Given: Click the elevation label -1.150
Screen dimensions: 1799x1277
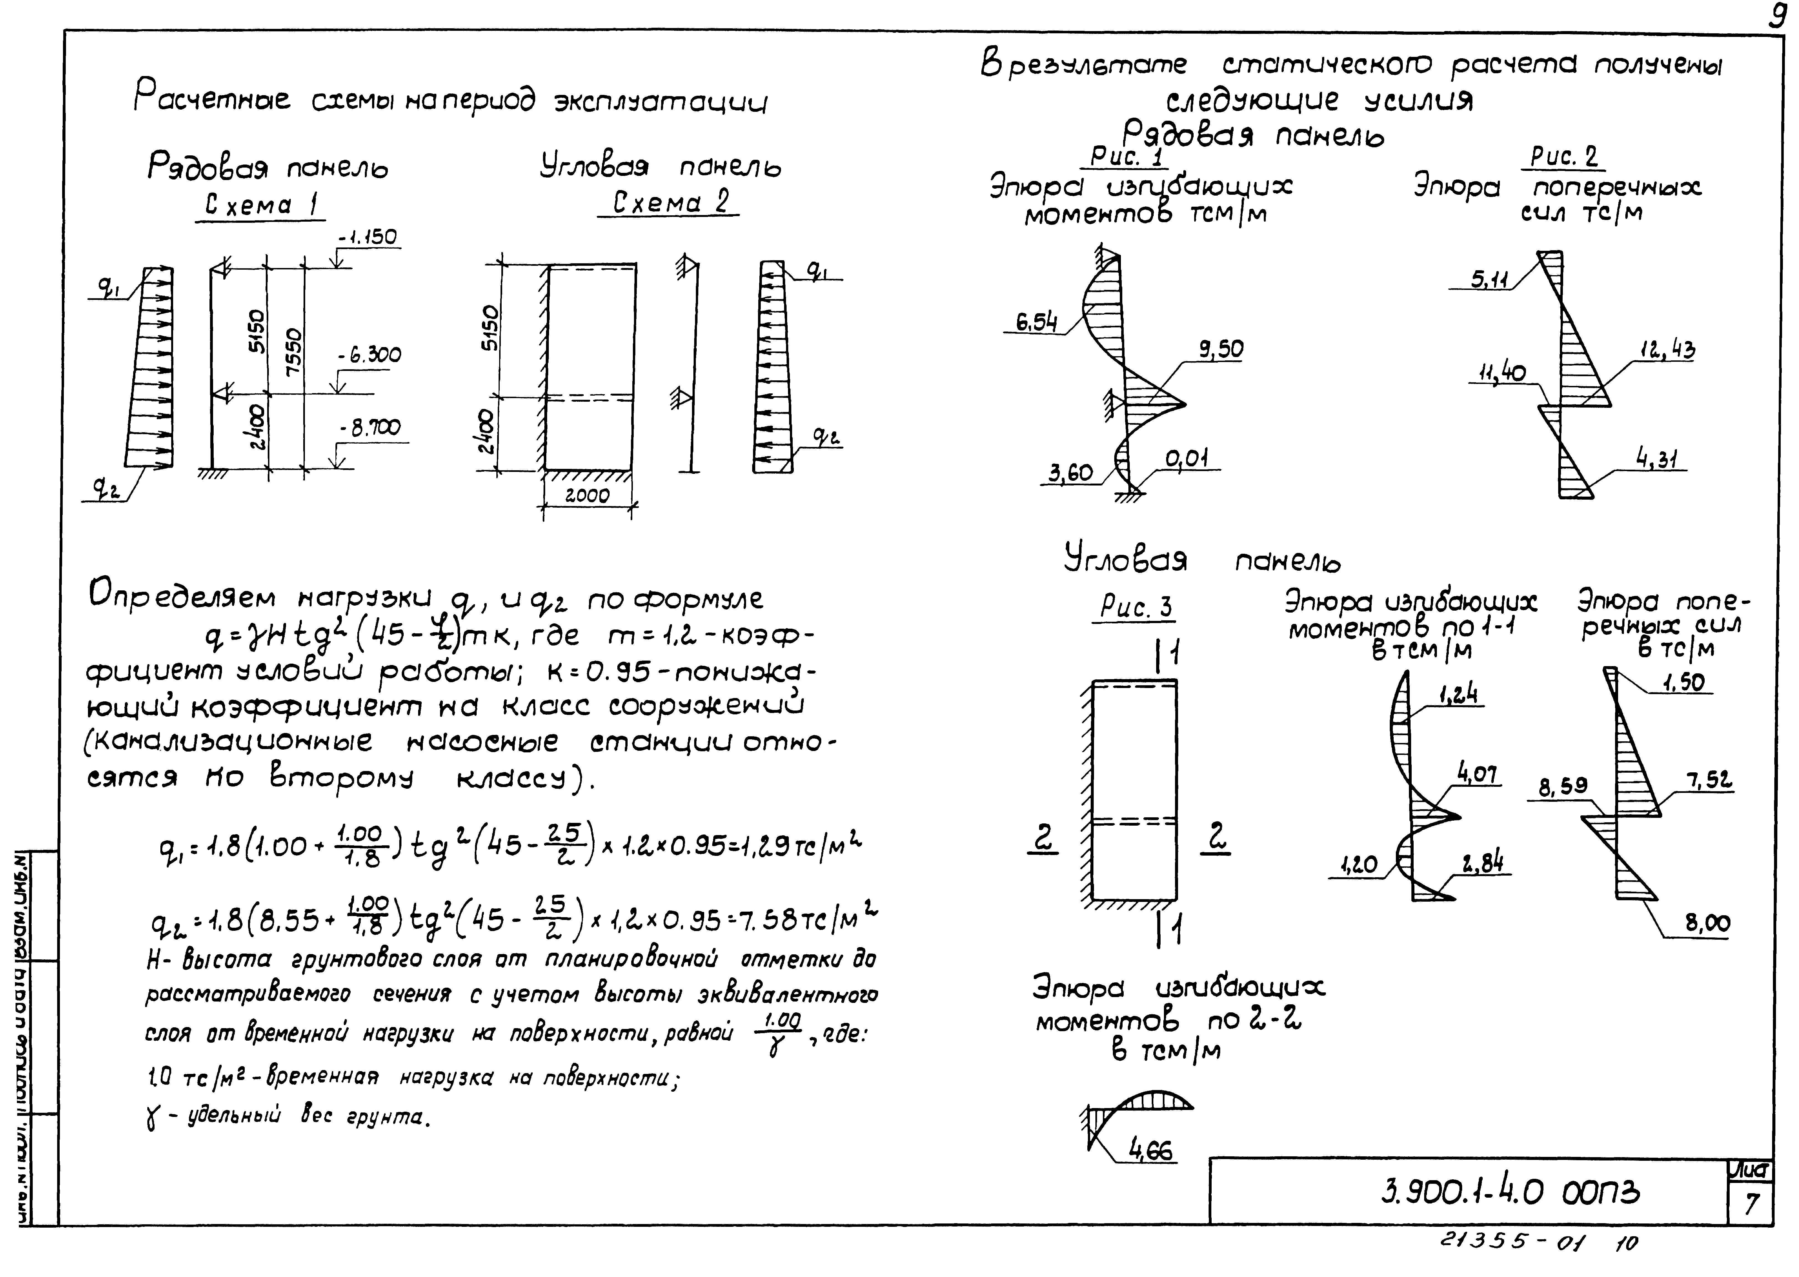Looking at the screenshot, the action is click(367, 237).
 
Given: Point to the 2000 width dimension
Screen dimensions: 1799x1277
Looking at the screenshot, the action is click(587, 495).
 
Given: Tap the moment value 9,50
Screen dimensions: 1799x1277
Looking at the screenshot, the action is click(1221, 349).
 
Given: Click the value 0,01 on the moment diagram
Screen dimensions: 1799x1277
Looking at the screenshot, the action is click(1187, 458).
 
